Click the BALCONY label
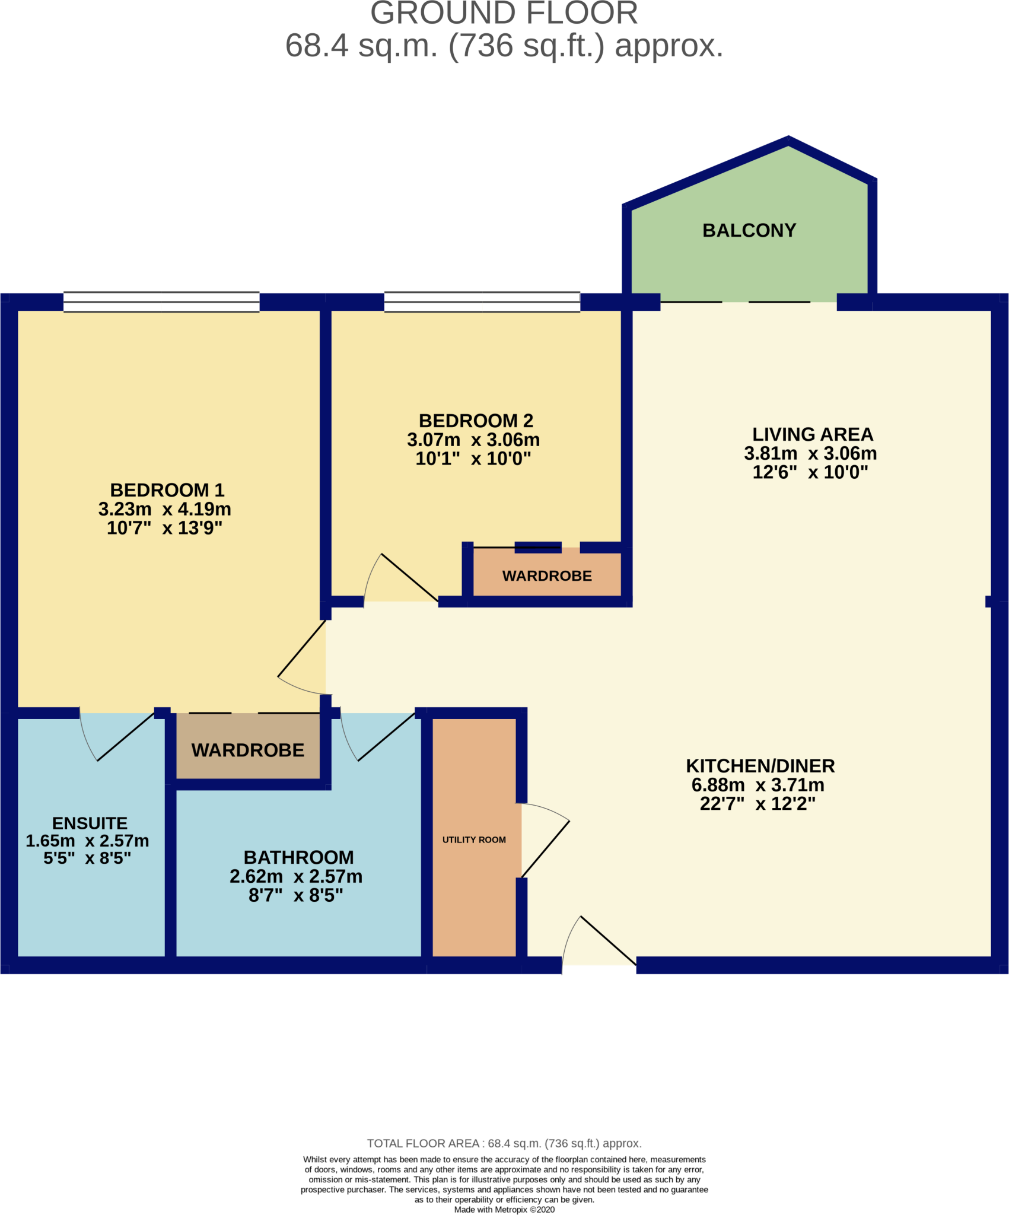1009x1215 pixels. point(749,230)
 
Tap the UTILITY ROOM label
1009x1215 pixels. point(474,839)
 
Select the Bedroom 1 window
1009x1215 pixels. point(161,302)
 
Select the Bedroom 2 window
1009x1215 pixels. point(482,302)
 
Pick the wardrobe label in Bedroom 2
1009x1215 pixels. point(547,576)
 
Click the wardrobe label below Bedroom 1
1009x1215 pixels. point(247,750)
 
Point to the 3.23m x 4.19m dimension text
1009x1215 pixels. point(164,509)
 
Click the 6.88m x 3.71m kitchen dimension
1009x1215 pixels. point(757,785)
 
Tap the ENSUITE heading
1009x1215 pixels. point(90,823)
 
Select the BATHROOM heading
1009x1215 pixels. point(298,857)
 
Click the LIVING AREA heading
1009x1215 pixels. point(812,434)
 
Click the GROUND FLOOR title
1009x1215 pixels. point(504,13)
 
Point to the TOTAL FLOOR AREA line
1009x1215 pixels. point(504,1143)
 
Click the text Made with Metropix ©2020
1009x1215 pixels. point(504,1210)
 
